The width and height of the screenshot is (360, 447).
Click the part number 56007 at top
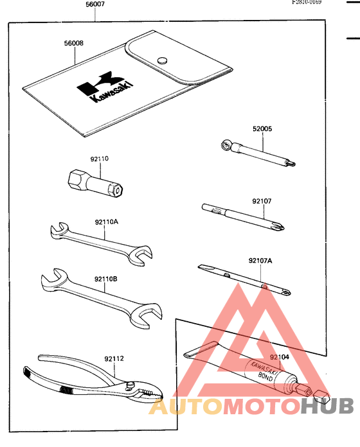(x=96, y=4)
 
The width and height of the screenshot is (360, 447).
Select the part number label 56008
(x=73, y=44)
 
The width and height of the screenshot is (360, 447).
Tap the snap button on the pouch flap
(x=163, y=59)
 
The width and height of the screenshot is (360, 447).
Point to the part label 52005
(x=262, y=128)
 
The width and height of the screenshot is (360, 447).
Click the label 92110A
(x=105, y=222)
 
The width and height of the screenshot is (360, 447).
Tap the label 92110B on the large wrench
(x=105, y=279)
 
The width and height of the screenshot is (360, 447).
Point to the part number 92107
(x=262, y=201)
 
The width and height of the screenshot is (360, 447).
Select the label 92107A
(x=260, y=261)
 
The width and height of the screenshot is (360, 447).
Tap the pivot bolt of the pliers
(x=130, y=385)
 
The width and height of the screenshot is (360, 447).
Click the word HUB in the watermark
(x=327, y=406)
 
